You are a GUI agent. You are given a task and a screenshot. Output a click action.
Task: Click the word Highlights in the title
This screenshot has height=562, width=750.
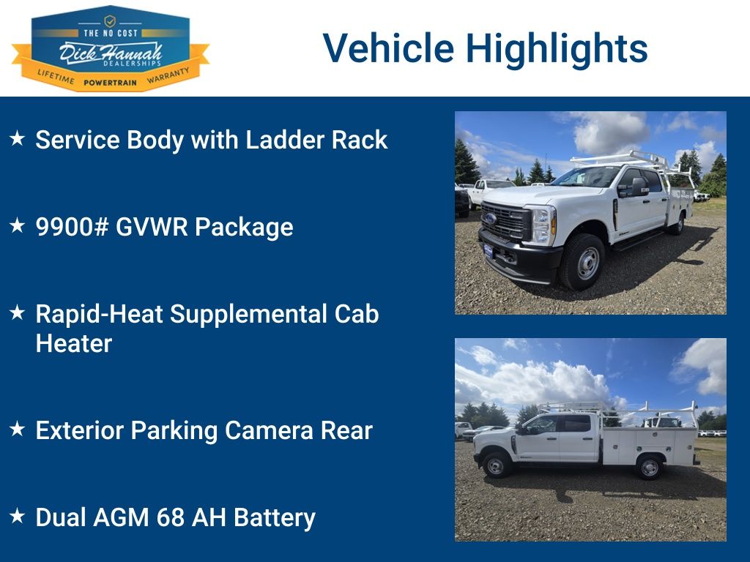coord(557,49)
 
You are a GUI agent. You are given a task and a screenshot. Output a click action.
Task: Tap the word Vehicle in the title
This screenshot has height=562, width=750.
coord(388,48)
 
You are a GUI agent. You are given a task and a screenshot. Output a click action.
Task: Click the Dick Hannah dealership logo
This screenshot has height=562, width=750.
coord(111,48)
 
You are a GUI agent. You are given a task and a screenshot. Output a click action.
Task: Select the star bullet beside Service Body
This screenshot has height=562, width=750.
coord(18,138)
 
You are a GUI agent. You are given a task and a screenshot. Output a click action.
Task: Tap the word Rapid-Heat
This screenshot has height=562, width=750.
coord(99,314)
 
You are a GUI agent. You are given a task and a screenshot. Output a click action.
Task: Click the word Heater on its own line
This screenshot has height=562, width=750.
coord(74,344)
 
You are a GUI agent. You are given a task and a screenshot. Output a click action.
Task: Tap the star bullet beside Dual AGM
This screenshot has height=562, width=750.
coord(18,516)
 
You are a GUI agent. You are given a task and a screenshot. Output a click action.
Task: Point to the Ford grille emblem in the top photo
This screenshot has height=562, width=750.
coord(490,219)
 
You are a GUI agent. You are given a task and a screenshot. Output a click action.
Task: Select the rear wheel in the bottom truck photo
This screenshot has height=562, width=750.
coord(649,468)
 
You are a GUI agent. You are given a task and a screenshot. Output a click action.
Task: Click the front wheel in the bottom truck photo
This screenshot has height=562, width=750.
coord(496,465)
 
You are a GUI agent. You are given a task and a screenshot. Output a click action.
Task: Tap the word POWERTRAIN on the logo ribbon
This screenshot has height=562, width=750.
coord(110,83)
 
